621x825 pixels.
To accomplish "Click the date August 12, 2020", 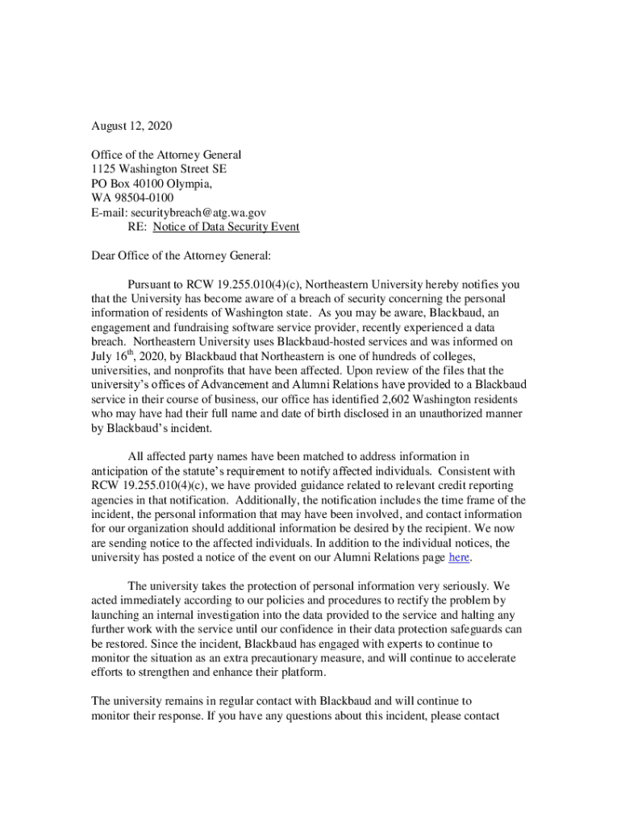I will pos(131,126).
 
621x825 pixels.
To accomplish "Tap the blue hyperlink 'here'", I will pos(459,558).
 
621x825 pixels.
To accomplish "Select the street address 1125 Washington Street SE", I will pos(158,169).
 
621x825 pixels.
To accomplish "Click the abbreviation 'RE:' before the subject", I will pos(138,227).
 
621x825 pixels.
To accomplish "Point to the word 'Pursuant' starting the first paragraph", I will pos(154,284).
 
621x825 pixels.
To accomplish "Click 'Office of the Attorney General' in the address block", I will pos(166,155).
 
